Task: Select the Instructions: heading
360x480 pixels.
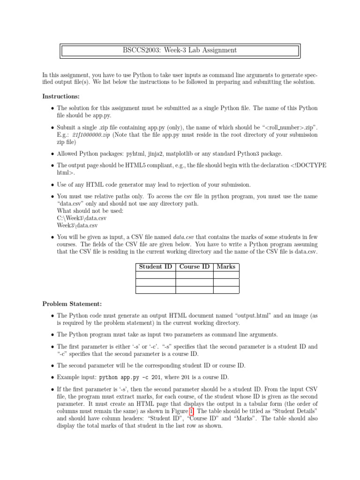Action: tap(61, 96)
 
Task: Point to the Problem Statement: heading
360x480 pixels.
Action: tap(72, 304)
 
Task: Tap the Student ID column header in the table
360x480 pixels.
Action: tap(155, 267)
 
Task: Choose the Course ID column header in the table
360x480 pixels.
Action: tap(195, 267)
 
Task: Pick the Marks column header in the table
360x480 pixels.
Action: tap(226, 267)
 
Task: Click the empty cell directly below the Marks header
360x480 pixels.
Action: tap(226, 275)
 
